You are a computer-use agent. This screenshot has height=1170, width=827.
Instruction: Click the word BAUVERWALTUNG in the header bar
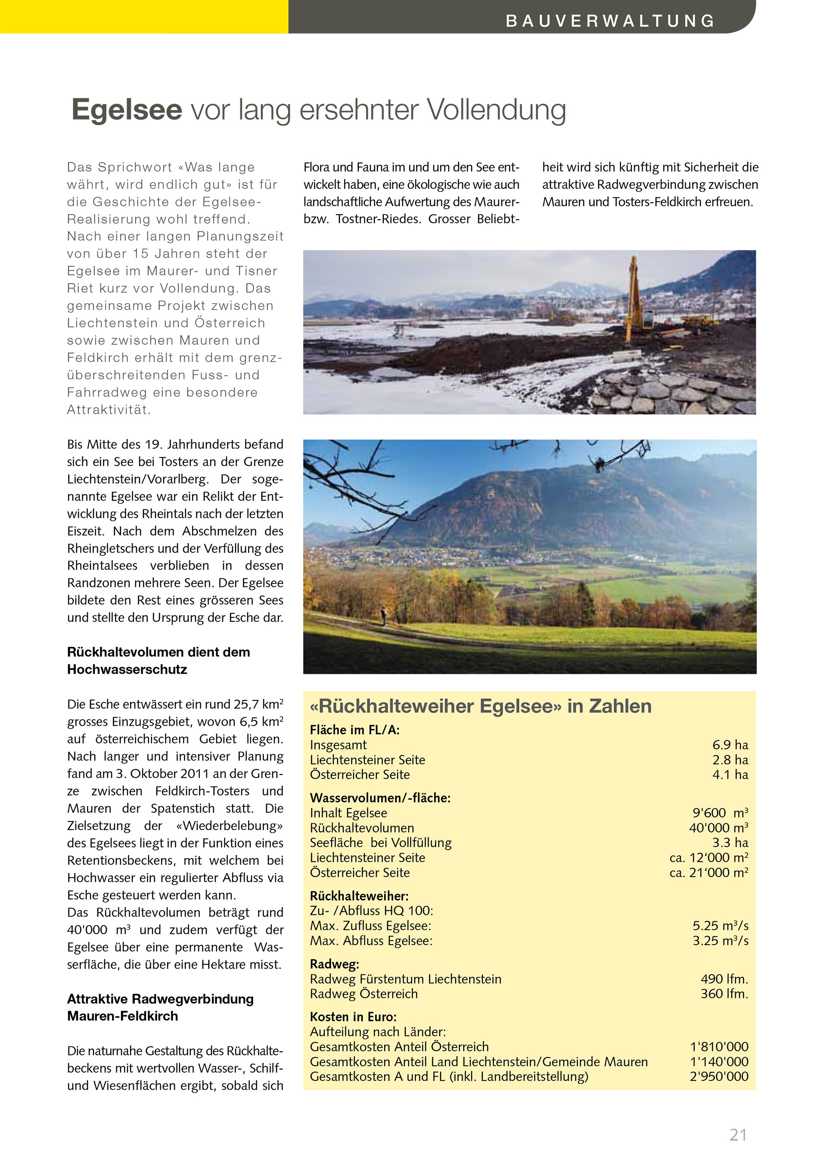pos(610,21)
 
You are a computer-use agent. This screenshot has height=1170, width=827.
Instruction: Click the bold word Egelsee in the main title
pos(127,109)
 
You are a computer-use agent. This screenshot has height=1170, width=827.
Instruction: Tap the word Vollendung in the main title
pos(496,109)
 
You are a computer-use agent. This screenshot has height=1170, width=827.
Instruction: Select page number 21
pos(738,1135)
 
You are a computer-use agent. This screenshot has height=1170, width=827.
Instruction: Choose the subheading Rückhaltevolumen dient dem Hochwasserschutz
pos(159,661)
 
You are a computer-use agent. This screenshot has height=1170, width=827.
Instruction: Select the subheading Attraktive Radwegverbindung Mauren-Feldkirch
pos(160,1007)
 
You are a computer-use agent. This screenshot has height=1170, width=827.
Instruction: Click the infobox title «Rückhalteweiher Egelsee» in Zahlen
pos(481,706)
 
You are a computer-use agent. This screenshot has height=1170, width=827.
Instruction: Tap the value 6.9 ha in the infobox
pos(730,745)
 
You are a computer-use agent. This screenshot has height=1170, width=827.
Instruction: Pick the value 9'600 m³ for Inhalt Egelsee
pos(720,813)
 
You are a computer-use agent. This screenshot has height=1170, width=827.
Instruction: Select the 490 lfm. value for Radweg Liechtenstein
pos(724,979)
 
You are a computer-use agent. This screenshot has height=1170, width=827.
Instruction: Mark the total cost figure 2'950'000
pos(719,1076)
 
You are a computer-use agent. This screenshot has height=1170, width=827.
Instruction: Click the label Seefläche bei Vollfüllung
pos(380,843)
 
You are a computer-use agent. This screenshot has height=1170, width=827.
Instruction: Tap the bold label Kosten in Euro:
pos(353,1017)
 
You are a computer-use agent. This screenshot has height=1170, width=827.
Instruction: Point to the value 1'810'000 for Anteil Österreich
pos(719,1047)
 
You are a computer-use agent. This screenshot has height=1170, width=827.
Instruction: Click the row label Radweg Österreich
pos(364,994)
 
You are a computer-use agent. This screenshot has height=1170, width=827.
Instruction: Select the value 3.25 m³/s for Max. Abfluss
pos(720,941)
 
